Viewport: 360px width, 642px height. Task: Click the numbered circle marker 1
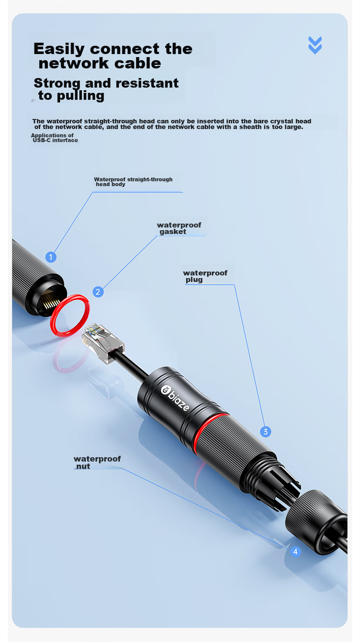coord(51,257)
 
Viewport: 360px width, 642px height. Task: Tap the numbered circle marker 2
coord(98,292)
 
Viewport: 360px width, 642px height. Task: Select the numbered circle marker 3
coord(265,431)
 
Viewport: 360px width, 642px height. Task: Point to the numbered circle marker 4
coord(295,551)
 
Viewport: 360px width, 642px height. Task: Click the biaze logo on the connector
coord(175,398)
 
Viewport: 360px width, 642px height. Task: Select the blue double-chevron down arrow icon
coord(315,45)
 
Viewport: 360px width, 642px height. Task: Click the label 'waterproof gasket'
coord(179,228)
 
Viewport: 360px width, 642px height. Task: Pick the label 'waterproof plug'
coord(205,276)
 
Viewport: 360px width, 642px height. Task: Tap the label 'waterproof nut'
coord(97,462)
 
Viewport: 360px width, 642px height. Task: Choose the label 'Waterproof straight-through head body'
coord(133,182)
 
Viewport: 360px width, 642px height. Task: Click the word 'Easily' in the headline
coord(59,49)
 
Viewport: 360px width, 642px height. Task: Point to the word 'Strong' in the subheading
coord(57,83)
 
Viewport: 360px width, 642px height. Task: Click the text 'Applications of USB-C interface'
coord(54,138)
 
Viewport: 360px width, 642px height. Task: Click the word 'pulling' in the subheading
coord(81,96)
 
